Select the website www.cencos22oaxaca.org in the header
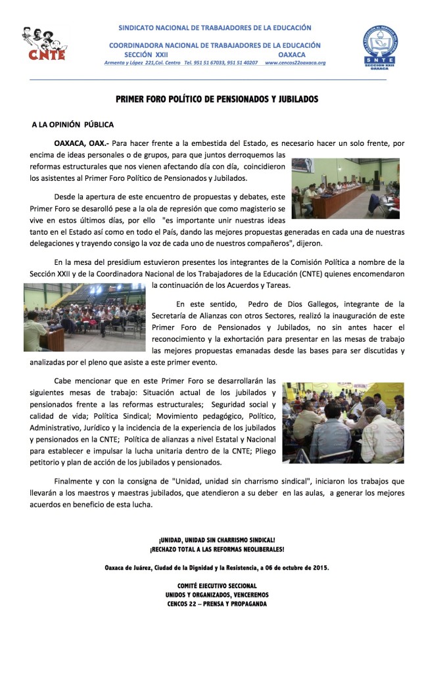point(295,63)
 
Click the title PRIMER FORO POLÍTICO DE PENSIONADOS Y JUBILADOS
point(217,99)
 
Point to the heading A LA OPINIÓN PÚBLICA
point(72,124)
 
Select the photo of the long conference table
point(345,188)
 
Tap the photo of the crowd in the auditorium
point(85,317)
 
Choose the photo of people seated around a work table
point(342,423)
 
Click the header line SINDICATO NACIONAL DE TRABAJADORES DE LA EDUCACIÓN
point(214,28)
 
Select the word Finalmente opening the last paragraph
point(75,480)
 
